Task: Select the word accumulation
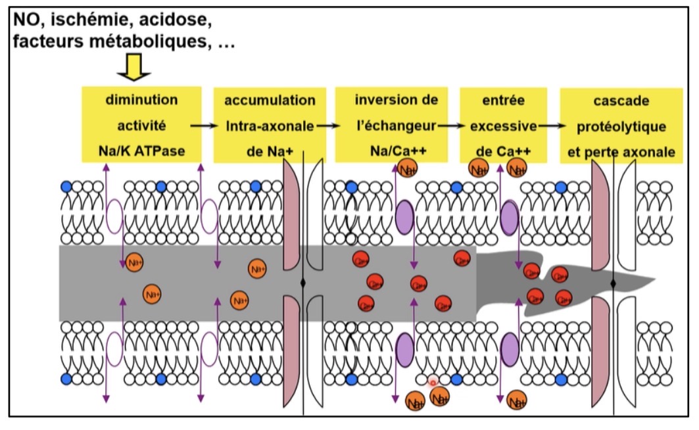[x=270, y=101]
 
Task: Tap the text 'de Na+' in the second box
[x=270, y=152]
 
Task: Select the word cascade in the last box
[x=621, y=101]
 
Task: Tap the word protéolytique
[x=621, y=126]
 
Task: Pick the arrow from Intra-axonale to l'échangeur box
[x=325, y=125]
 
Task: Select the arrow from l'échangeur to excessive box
[x=450, y=125]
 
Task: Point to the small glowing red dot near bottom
[x=433, y=382]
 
